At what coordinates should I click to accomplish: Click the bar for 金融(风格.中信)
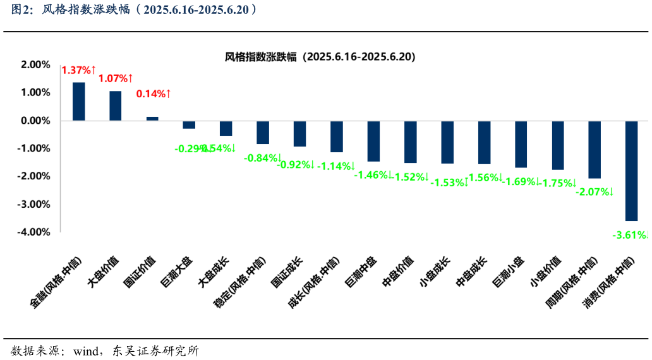[x=79, y=101]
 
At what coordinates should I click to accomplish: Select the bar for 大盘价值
[x=116, y=105]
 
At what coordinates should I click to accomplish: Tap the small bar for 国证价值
[x=152, y=118]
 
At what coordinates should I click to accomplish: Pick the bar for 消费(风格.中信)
[x=631, y=171]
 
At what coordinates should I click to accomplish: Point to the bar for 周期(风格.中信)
[x=595, y=149]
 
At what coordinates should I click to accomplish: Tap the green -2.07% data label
[x=595, y=191]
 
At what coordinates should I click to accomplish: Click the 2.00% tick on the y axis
[x=35, y=64]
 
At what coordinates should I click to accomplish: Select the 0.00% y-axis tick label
[x=35, y=121]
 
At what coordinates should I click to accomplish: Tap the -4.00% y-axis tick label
[x=34, y=232]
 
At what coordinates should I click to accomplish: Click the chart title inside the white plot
[x=320, y=57]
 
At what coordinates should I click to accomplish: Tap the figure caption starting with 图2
[x=133, y=10]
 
